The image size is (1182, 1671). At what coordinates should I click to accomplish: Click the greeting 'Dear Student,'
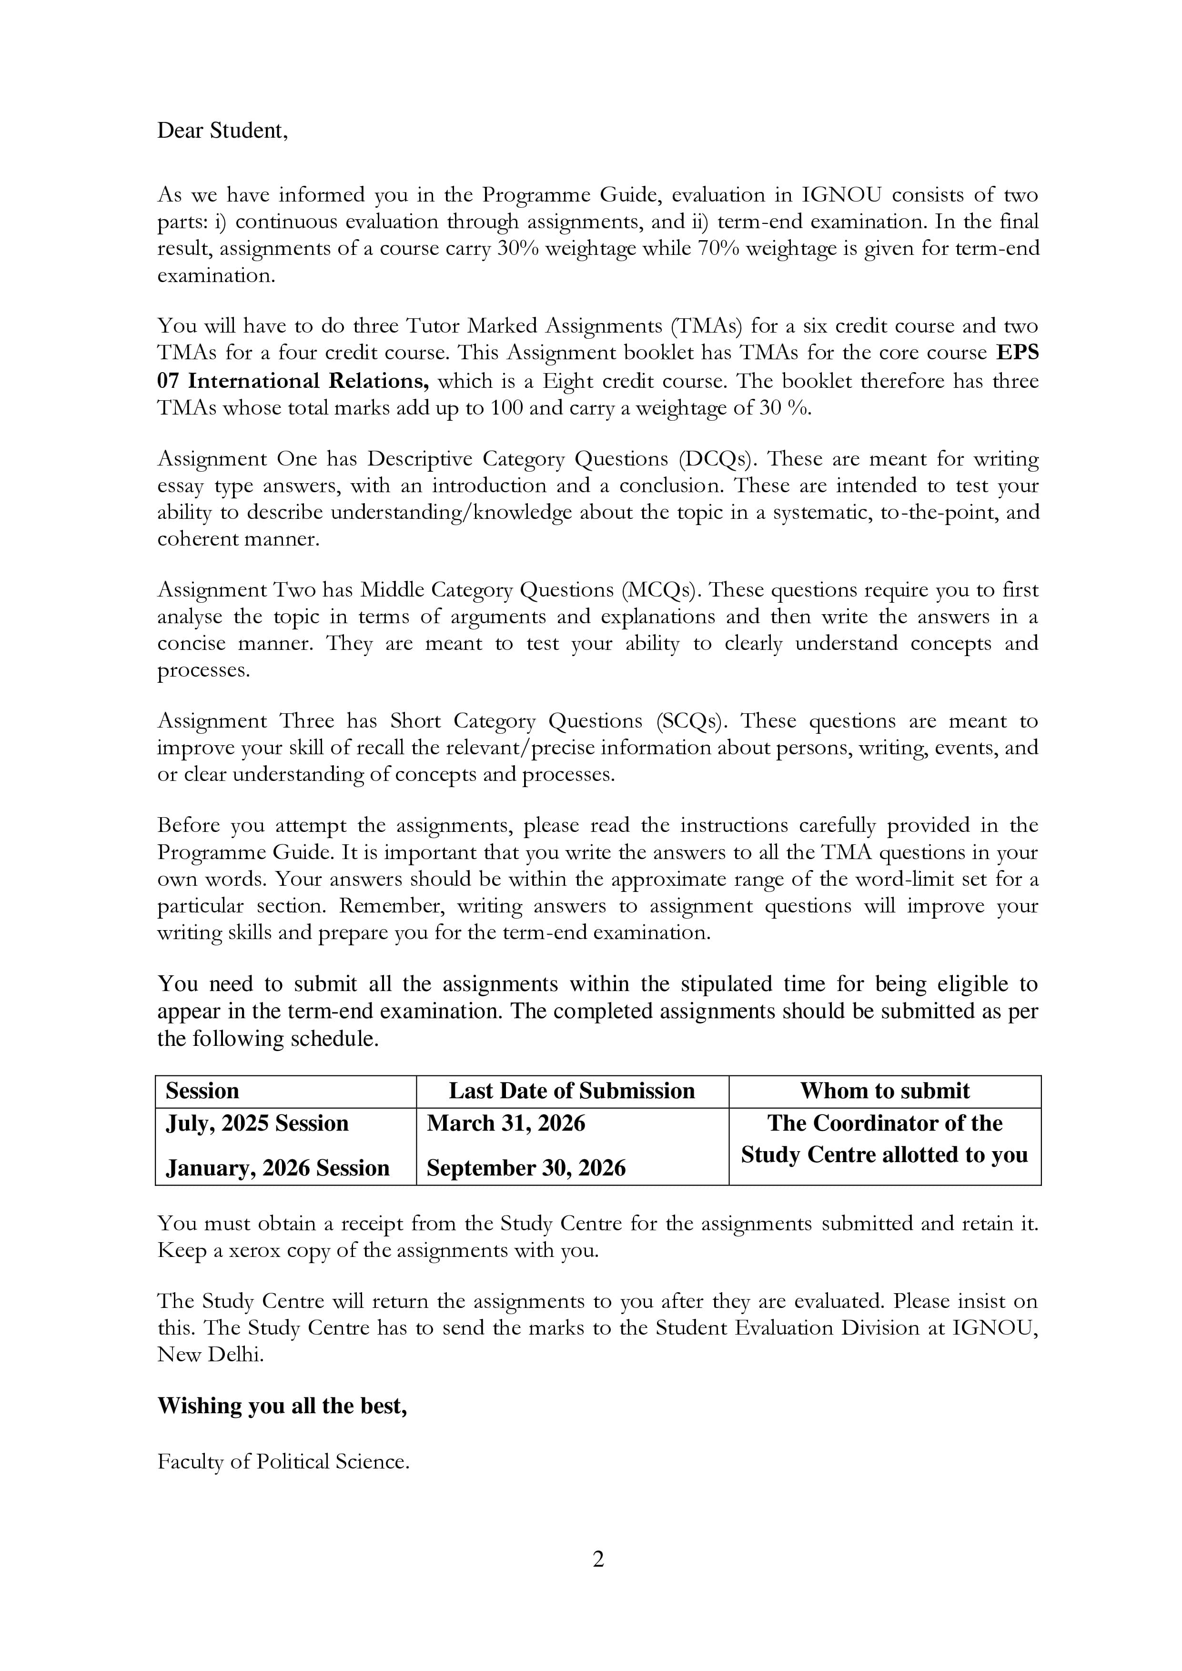pyautogui.click(x=222, y=131)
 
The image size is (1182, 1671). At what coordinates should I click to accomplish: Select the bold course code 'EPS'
pyautogui.click(x=1018, y=353)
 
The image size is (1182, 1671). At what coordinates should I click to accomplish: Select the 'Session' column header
pyautogui.click(x=202, y=1091)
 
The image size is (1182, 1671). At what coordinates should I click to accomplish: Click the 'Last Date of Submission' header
pyautogui.click(x=571, y=1091)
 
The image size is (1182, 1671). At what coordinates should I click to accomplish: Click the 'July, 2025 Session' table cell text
pyautogui.click(x=258, y=1123)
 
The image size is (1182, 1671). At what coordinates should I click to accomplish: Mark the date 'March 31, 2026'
pyautogui.click(x=506, y=1123)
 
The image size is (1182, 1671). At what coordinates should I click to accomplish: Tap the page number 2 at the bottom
pyautogui.click(x=598, y=1560)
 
